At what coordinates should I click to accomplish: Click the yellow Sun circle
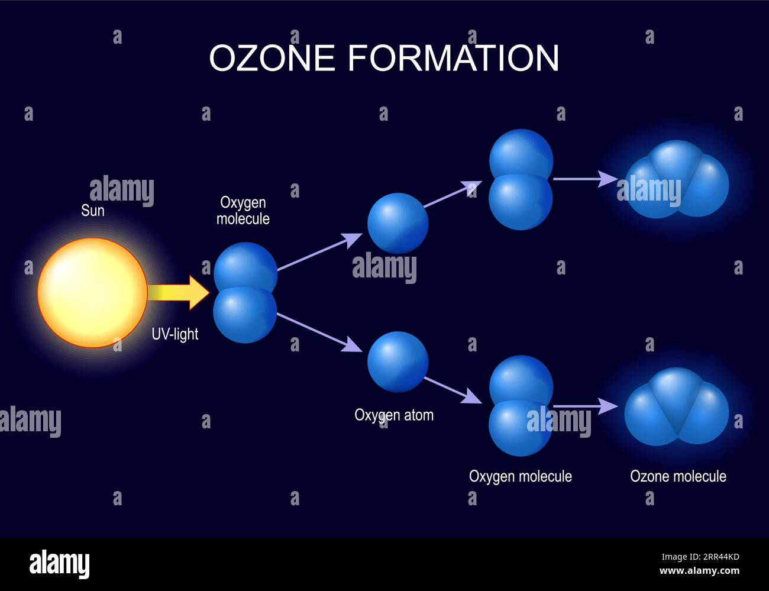coord(92,292)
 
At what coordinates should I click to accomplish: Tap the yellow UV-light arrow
coord(177,292)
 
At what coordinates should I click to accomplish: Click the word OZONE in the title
coord(272,58)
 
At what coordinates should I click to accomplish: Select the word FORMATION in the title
coord(453,58)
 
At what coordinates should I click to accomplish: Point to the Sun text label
coord(93,211)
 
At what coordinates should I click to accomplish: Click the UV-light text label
coord(175,334)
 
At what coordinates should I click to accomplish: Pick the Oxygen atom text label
coord(393,415)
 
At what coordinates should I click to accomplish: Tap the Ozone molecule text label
coord(678,476)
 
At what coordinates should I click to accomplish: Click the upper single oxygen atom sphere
coord(398,223)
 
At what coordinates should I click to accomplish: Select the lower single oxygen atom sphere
coord(398,361)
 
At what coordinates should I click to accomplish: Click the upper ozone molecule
coord(677,179)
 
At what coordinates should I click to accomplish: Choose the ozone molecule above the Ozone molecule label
coord(677,407)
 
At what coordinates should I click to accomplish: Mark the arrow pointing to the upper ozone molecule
coord(584,178)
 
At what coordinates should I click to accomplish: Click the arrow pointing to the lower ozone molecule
coord(584,406)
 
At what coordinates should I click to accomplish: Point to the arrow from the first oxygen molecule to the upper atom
coord(319,252)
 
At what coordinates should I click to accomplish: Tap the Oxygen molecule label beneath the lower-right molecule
coord(520,476)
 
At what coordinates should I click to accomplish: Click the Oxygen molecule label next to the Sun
coord(243,211)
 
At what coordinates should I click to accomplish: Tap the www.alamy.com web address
coord(699,571)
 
